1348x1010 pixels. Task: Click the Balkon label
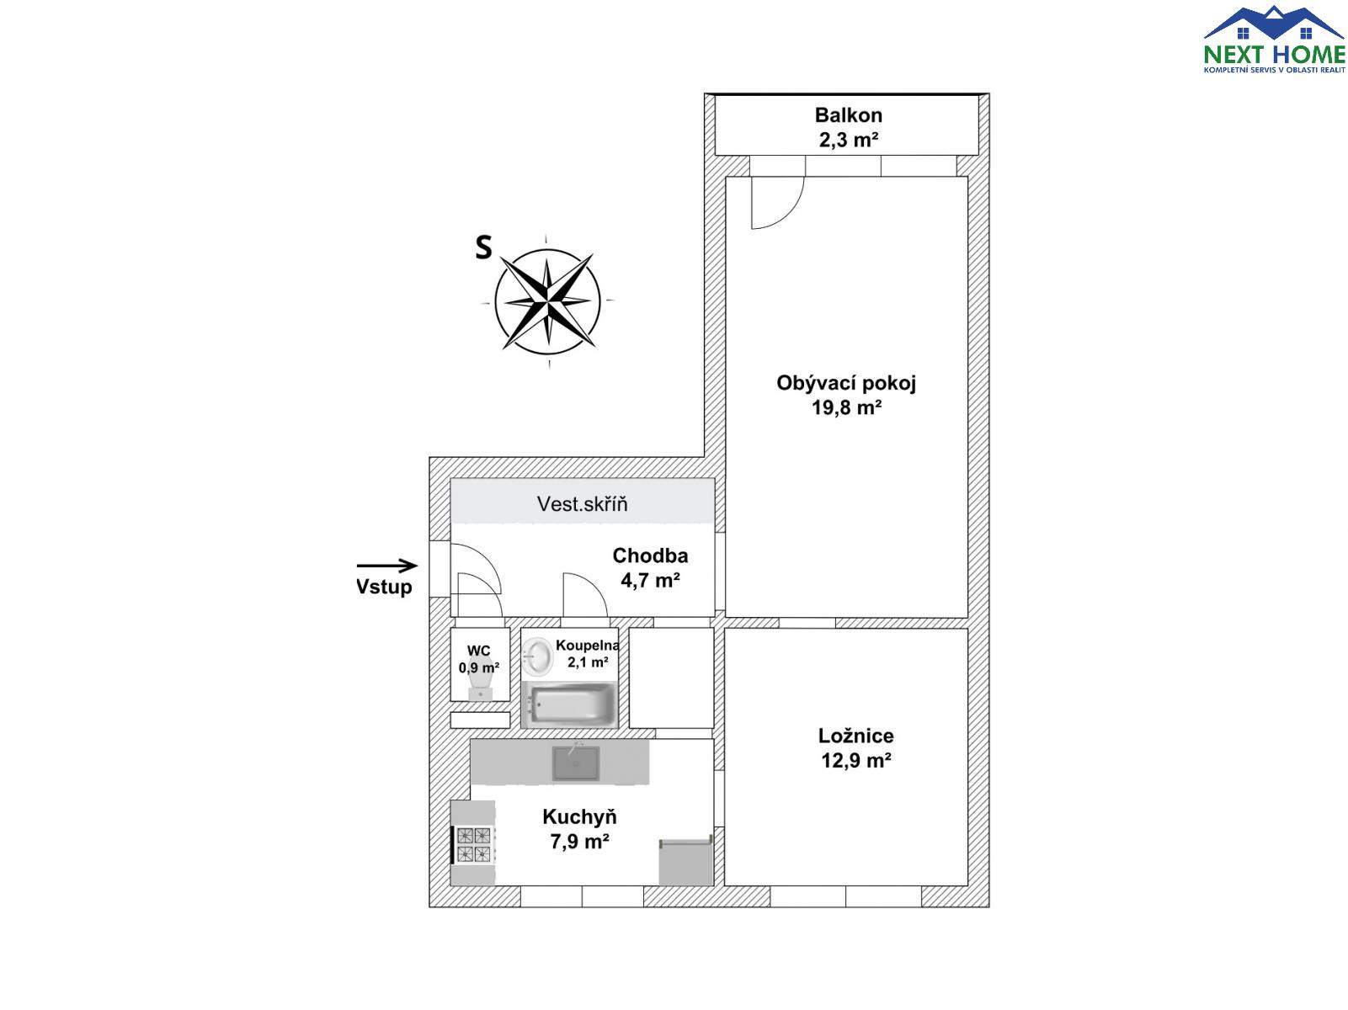(848, 115)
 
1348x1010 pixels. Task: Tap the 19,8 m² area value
(846, 407)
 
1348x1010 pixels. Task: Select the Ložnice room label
(855, 736)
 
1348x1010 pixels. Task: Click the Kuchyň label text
(579, 816)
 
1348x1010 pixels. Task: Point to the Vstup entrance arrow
(387, 566)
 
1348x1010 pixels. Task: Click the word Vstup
(384, 587)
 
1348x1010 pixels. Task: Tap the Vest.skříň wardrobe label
(582, 504)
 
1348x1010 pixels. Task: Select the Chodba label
(650, 555)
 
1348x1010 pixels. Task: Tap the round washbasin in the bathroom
(539, 656)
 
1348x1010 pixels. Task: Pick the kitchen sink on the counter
(575, 763)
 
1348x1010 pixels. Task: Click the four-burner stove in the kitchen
(474, 844)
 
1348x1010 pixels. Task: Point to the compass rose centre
(547, 301)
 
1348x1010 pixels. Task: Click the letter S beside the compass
(483, 247)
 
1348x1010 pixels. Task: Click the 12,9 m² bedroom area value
(855, 761)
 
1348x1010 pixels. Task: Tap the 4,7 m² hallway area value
(650, 581)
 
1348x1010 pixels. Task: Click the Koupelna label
(587, 646)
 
